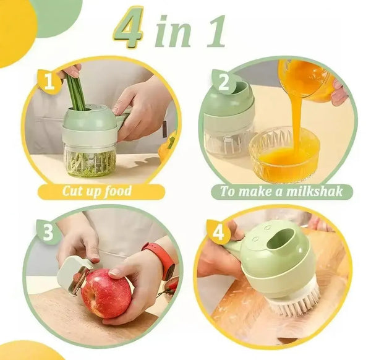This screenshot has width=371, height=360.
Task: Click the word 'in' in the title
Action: point(174,32)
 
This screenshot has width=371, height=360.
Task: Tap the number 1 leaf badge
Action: point(49,81)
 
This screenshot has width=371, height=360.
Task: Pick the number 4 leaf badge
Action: point(218,233)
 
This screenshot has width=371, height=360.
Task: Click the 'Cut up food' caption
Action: point(96,191)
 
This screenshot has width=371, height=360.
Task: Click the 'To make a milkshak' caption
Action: point(281,191)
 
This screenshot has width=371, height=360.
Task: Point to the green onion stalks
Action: point(75,93)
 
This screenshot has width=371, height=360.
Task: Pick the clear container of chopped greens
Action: point(90,161)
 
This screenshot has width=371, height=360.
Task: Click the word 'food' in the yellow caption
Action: point(117,191)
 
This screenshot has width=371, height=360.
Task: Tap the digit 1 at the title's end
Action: point(216,32)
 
